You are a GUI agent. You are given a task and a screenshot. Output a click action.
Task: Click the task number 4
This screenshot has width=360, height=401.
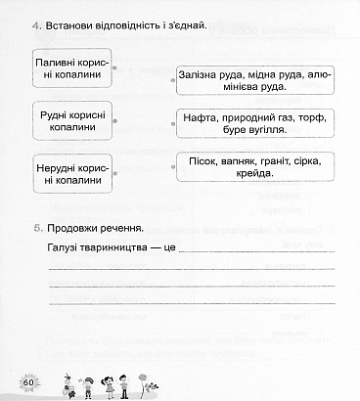coord(34,22)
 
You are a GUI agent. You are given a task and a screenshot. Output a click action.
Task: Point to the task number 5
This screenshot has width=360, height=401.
coord(34,227)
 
